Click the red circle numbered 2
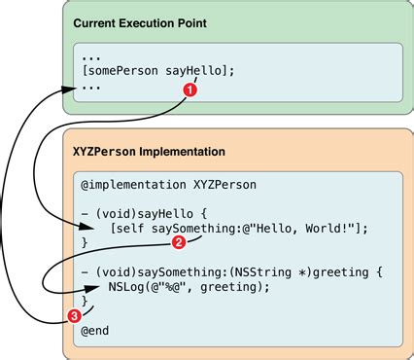tap(178, 240)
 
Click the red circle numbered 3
tap(74, 314)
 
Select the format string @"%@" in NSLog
tap(181, 288)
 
